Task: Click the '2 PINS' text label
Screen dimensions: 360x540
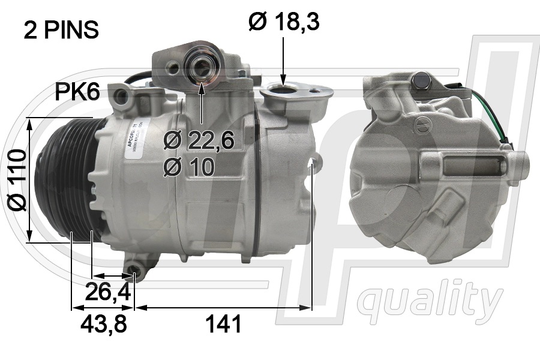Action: point(61,30)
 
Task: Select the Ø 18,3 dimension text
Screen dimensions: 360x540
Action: point(284,22)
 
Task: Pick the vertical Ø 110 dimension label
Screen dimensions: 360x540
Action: point(17,180)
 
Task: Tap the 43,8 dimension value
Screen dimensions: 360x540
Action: point(103,324)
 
